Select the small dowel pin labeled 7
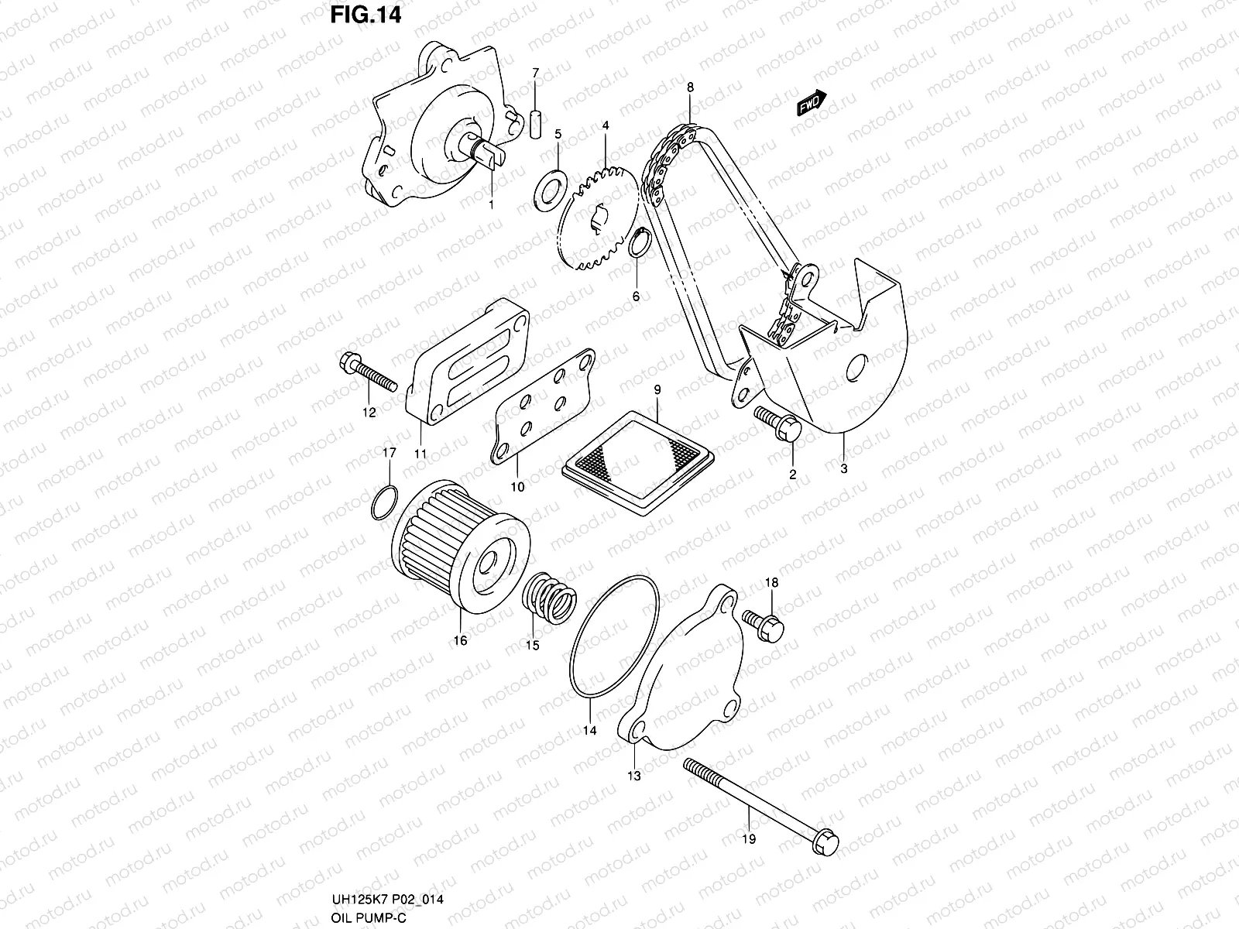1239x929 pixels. click(534, 125)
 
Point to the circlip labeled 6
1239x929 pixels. click(638, 243)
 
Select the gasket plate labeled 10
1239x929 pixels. click(544, 408)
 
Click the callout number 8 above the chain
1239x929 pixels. click(690, 87)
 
